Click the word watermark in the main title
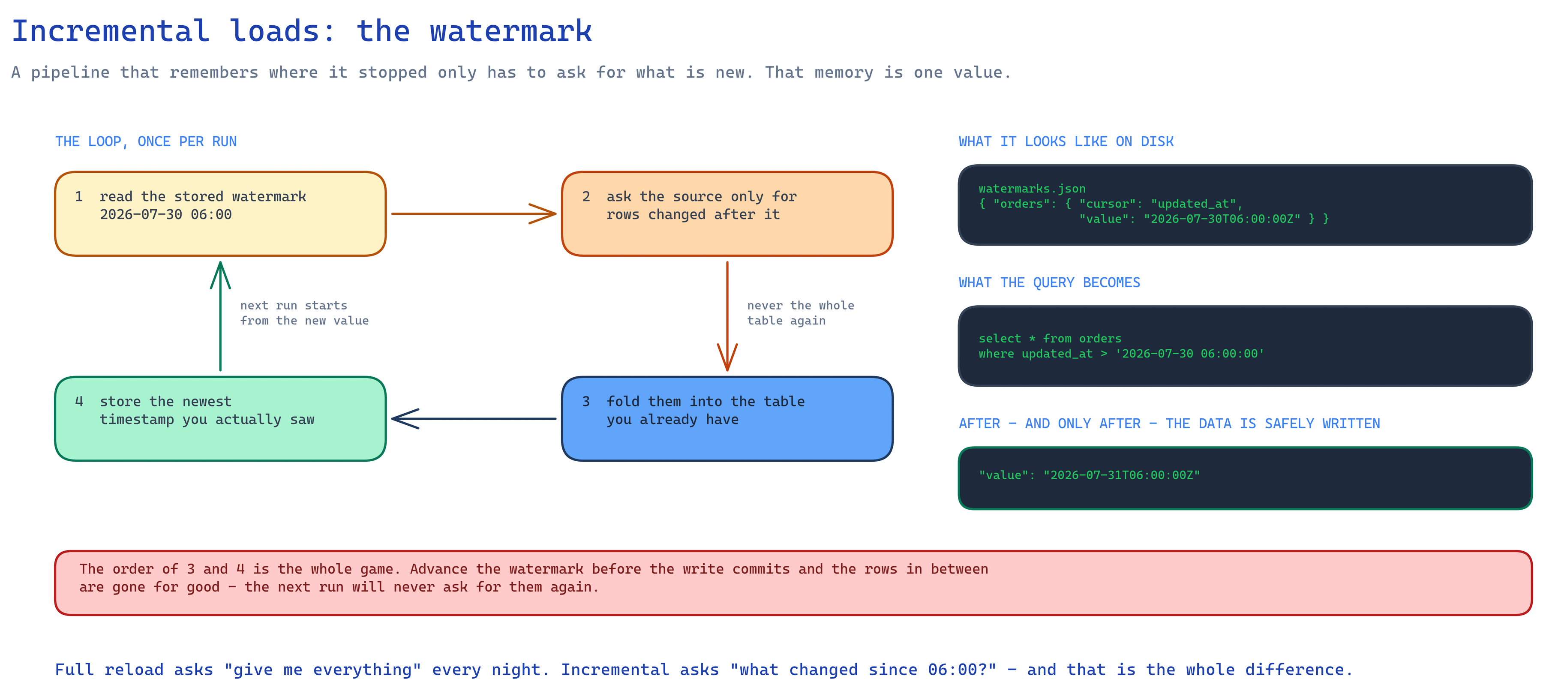[x=511, y=31]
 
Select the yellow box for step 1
[x=220, y=214]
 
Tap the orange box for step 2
[x=727, y=214]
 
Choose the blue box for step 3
[x=727, y=419]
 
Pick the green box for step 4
[x=220, y=419]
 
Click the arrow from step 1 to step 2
[x=474, y=214]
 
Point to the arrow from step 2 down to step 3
[x=727, y=316]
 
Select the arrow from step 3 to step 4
[x=474, y=419]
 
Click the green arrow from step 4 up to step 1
[x=220, y=316]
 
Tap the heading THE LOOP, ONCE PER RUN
[x=146, y=141]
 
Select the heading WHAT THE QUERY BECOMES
[x=1049, y=282]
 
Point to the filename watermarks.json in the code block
[x=1032, y=189]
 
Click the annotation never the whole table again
[x=801, y=313]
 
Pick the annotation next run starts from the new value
[x=304, y=313]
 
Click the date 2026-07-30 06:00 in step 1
[x=166, y=215]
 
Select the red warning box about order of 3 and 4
[x=793, y=583]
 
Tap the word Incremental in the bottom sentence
[x=615, y=670]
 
